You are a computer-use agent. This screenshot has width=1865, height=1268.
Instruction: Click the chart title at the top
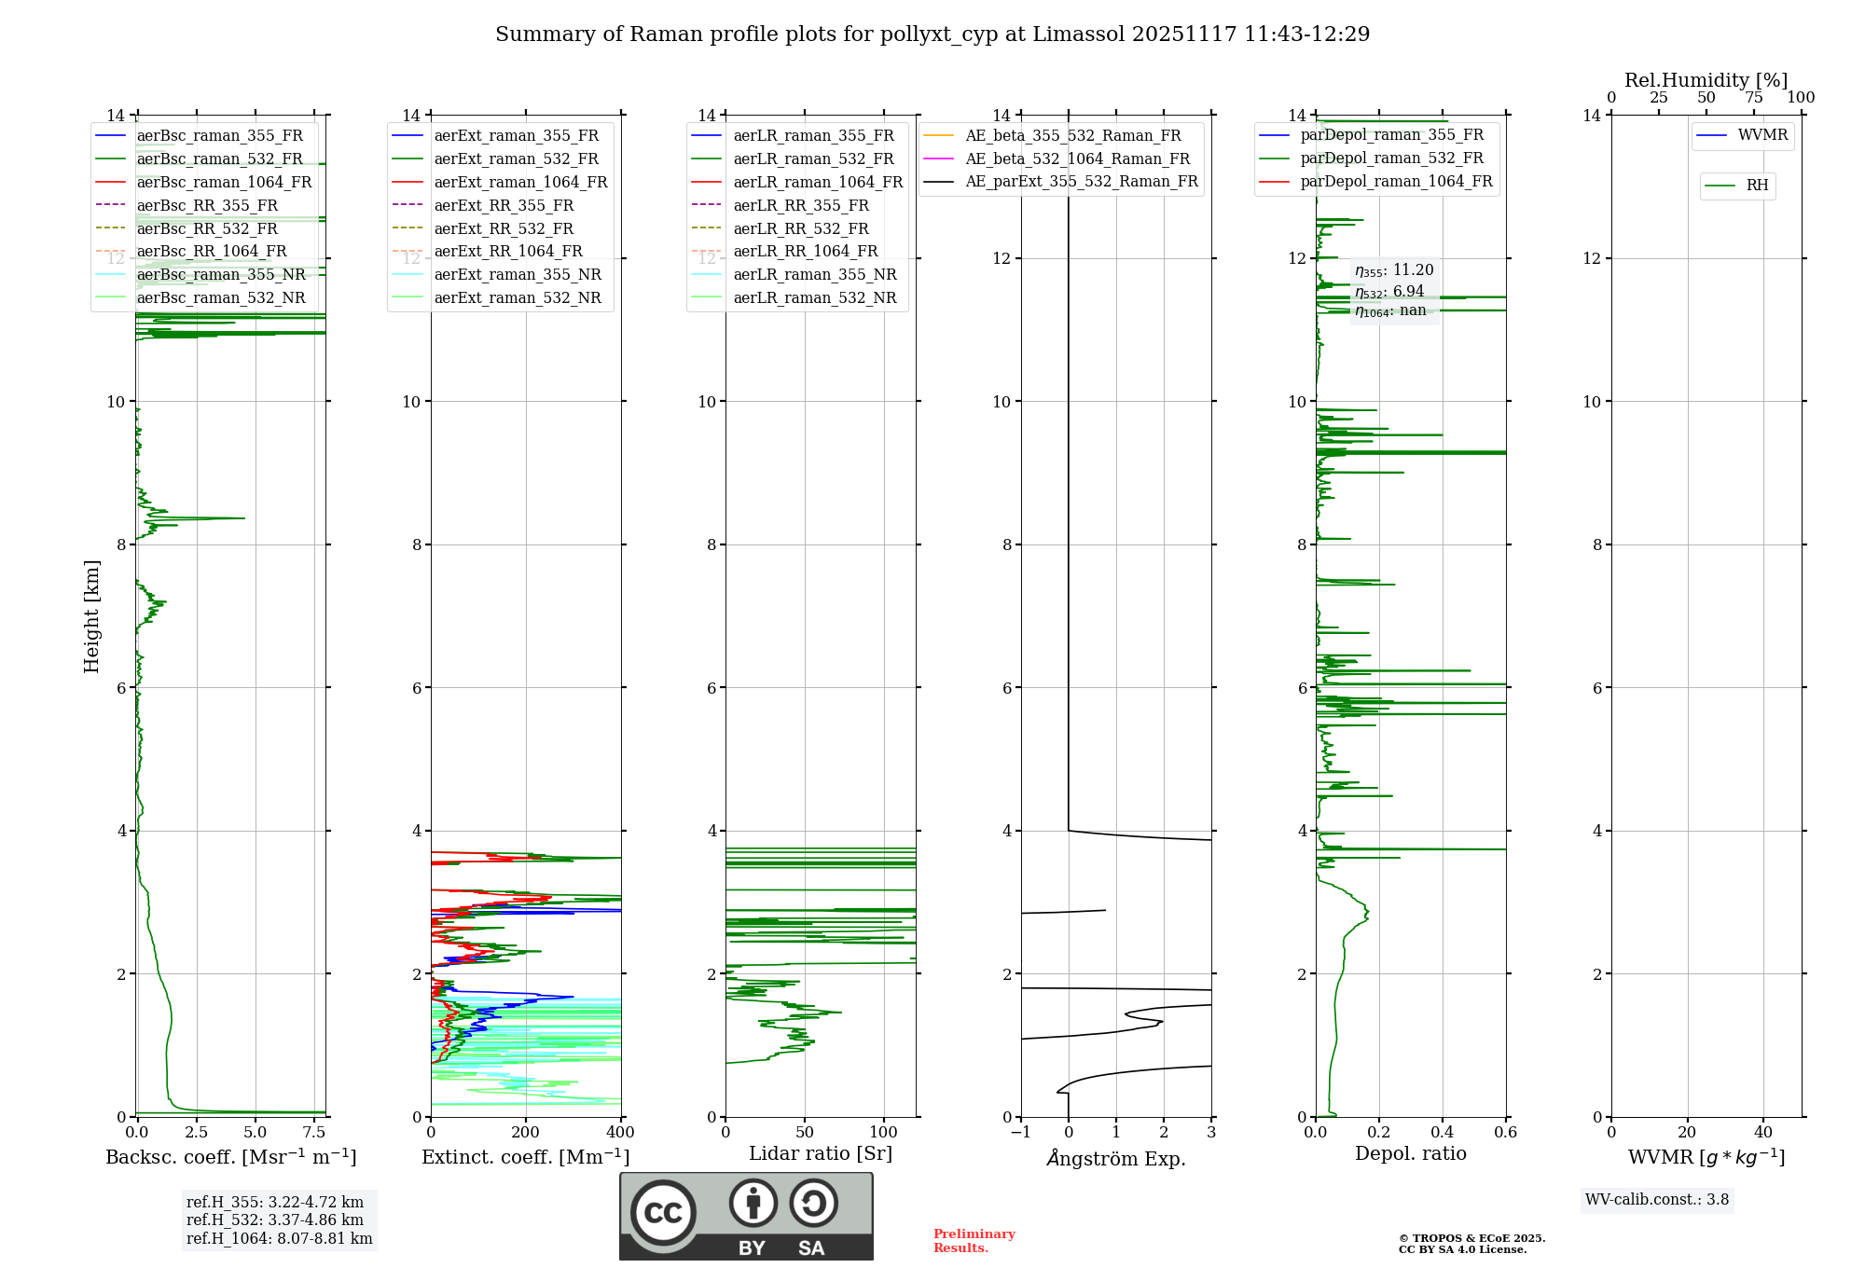(x=932, y=34)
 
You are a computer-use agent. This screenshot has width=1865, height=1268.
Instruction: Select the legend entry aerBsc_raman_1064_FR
(x=224, y=182)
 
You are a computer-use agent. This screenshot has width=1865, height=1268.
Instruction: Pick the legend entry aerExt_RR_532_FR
(x=504, y=228)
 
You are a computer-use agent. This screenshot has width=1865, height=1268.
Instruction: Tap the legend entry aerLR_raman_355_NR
(x=814, y=274)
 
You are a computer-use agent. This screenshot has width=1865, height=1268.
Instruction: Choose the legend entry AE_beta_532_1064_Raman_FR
(x=1077, y=158)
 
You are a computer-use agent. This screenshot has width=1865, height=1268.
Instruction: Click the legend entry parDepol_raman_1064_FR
(x=1396, y=181)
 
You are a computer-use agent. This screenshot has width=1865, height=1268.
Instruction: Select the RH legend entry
(x=1757, y=186)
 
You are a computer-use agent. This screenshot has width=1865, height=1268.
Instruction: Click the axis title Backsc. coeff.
(x=230, y=1157)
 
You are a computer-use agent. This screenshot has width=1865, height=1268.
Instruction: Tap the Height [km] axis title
(x=91, y=615)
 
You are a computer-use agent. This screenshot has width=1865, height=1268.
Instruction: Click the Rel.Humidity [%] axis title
(x=1706, y=80)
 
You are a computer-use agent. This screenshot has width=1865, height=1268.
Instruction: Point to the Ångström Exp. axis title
(x=1116, y=1159)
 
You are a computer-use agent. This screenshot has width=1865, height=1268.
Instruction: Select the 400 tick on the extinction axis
(x=620, y=1133)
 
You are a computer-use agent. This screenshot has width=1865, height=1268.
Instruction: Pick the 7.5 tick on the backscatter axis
(x=314, y=1133)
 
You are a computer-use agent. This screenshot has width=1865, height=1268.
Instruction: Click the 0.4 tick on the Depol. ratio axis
(x=1443, y=1133)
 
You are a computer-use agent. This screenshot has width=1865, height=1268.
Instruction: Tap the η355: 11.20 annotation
(x=1394, y=270)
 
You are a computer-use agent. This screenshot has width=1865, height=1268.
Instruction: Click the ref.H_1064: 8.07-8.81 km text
(x=279, y=1239)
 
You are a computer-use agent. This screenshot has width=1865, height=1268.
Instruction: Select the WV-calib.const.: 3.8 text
(x=1657, y=1200)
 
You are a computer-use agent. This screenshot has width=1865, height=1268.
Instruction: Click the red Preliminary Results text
(x=974, y=1241)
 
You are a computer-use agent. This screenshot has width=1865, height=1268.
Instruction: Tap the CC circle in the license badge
(x=663, y=1213)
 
